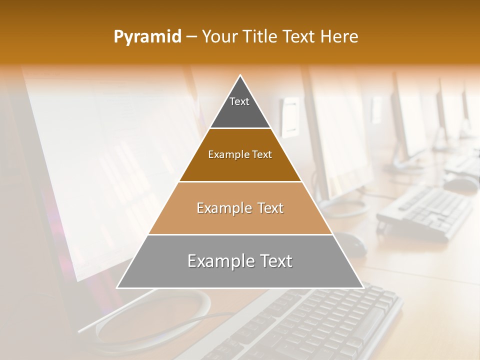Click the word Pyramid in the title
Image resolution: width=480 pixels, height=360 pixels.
point(147,37)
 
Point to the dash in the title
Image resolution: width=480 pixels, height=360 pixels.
point(191,37)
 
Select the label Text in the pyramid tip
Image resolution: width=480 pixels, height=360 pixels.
point(239,101)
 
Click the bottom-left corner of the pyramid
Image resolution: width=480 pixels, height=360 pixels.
point(117,287)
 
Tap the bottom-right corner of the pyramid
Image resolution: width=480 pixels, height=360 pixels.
point(363,287)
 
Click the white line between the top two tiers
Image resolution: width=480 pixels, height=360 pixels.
point(240,128)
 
